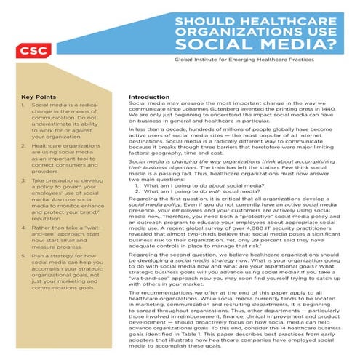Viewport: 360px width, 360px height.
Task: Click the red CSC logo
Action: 31,51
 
